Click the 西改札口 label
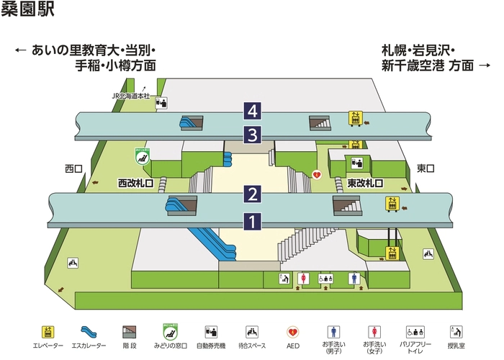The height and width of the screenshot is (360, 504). coord(136,184)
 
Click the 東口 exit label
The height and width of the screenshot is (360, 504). coord(426,169)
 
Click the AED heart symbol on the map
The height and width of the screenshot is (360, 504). coord(315,175)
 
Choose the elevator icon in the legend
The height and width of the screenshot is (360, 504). coord(48,332)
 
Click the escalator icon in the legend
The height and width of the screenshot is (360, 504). coord(88,332)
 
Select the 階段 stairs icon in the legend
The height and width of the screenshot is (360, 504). coord(129,332)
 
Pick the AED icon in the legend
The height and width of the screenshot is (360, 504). coord(293,332)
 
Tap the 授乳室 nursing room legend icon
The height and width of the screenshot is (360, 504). coord(455,332)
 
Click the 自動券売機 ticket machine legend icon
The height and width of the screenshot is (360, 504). coord(210,332)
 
